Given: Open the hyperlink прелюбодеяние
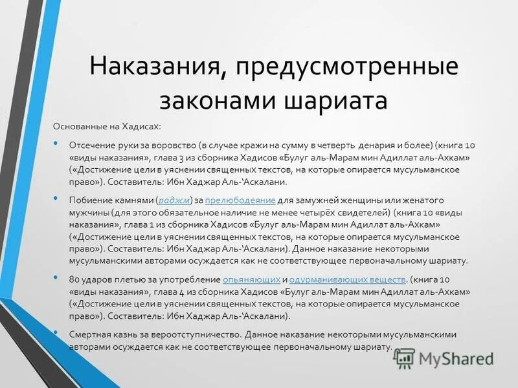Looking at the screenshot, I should click(x=240, y=200).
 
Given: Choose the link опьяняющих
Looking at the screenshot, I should click(x=251, y=279).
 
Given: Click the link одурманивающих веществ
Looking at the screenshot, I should click(x=347, y=279).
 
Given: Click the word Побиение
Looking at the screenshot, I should click(x=87, y=200).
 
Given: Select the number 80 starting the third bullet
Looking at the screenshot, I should click(x=74, y=279).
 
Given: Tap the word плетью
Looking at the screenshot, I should click(x=133, y=279).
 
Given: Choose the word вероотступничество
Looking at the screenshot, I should click(x=203, y=335).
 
